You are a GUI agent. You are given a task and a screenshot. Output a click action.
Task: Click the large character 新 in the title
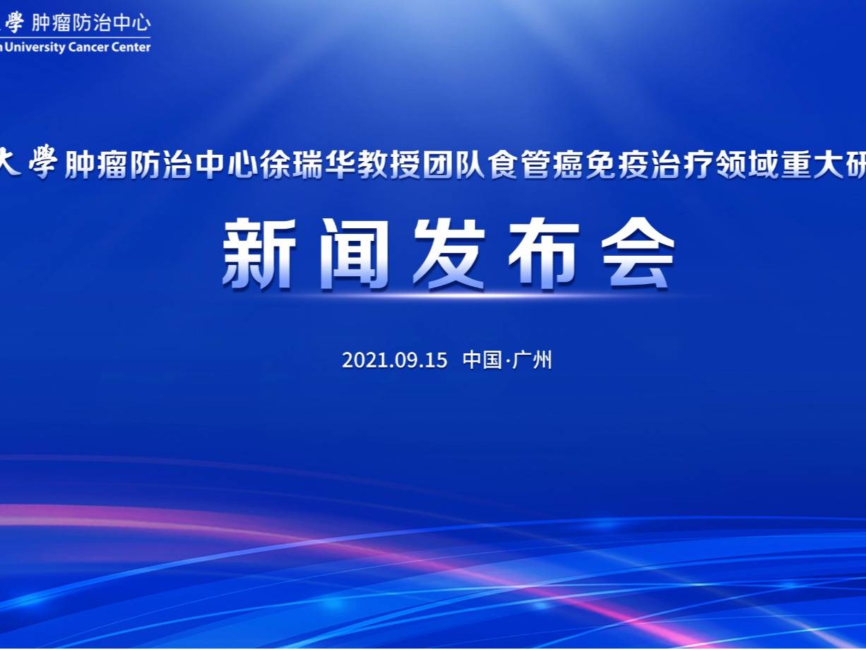click(259, 254)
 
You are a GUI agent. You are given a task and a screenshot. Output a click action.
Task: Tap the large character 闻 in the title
click(354, 254)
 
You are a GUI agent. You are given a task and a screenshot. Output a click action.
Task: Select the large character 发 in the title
click(449, 254)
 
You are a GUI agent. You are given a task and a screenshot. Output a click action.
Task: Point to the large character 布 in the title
click(544, 254)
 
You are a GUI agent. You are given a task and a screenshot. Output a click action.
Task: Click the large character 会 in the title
click(638, 254)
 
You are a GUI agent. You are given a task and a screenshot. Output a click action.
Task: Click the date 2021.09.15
click(395, 360)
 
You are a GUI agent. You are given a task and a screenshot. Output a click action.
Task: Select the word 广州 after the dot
click(532, 360)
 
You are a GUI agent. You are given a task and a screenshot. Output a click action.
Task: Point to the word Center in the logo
click(131, 47)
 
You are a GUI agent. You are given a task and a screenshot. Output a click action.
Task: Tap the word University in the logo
click(35, 48)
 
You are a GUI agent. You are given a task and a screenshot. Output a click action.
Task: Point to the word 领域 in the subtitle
click(747, 164)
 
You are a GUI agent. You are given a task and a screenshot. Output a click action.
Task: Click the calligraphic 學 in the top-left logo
click(15, 23)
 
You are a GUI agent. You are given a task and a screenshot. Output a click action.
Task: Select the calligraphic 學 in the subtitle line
click(43, 162)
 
